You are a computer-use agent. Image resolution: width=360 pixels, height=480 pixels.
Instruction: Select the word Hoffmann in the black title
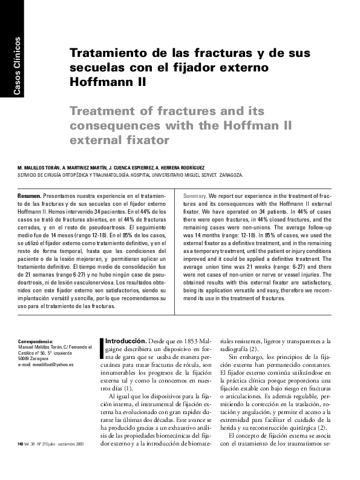pos(103,80)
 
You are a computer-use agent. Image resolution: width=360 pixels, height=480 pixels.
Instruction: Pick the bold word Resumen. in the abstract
pos(29,197)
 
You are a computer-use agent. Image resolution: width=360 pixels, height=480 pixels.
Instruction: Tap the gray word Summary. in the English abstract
pos(195,197)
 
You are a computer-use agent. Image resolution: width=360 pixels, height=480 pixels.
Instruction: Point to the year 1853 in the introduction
pos(194,341)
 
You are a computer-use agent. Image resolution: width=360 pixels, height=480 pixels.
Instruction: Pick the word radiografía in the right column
pos(234,349)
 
